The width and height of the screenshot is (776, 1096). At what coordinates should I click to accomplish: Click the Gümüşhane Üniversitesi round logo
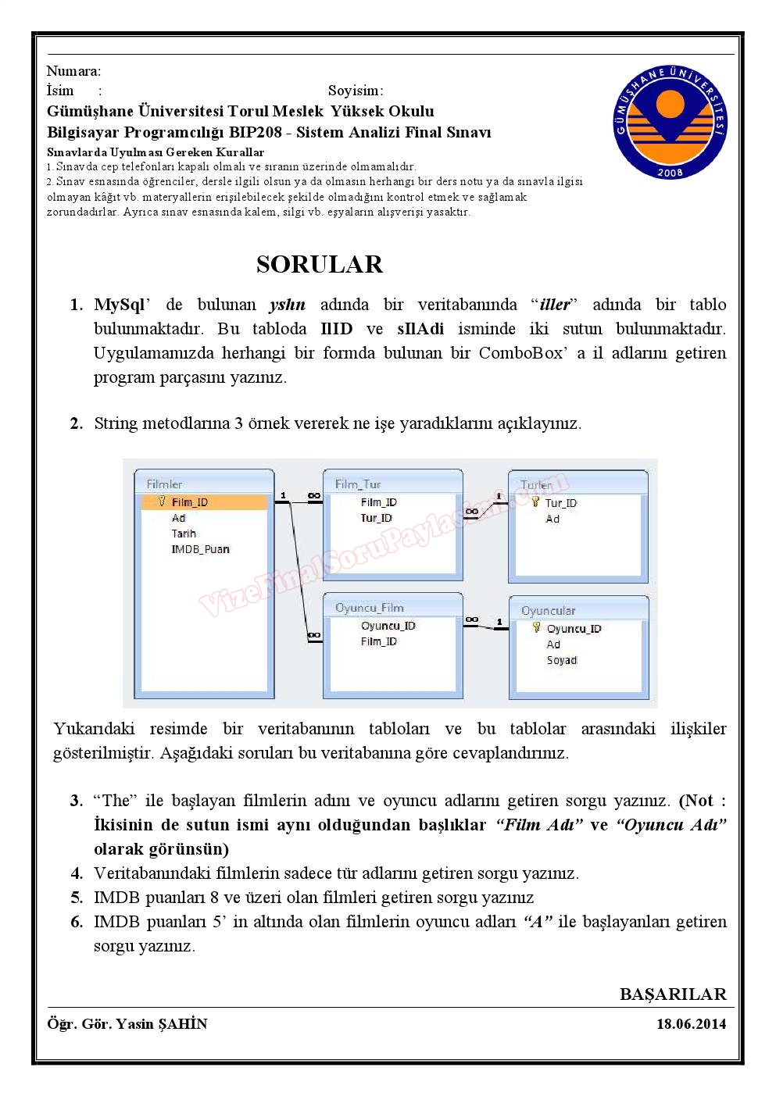click(670, 122)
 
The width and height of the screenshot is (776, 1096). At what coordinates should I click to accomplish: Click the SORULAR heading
click(320, 264)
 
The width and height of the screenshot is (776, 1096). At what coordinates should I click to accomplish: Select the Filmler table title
click(164, 484)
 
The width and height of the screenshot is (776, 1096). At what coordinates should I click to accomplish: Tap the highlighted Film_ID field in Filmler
click(190, 502)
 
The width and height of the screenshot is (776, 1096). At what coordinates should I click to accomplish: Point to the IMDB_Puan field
click(200, 549)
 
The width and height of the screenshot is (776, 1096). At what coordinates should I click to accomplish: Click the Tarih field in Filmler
click(184, 534)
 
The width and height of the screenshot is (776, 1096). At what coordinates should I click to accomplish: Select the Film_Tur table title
click(357, 484)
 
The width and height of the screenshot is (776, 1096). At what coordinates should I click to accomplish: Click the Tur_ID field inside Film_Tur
click(376, 518)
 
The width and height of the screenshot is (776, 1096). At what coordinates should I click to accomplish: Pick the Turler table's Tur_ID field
click(561, 503)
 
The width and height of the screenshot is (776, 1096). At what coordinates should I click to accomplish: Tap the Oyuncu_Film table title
click(369, 608)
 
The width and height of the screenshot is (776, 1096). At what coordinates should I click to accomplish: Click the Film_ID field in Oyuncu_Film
click(378, 641)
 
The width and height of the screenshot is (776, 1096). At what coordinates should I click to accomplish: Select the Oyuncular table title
click(548, 611)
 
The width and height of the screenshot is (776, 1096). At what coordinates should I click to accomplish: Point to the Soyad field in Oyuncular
click(561, 660)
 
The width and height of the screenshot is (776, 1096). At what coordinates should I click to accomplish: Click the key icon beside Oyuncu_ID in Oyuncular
click(536, 628)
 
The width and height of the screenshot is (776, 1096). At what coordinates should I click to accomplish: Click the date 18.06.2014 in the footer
click(691, 1023)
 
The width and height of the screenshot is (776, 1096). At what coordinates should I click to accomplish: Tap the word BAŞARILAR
click(673, 994)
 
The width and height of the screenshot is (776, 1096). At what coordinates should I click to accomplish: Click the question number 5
click(77, 898)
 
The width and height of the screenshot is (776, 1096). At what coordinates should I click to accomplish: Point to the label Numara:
click(73, 71)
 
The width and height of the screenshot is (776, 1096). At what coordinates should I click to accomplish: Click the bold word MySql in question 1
click(120, 305)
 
